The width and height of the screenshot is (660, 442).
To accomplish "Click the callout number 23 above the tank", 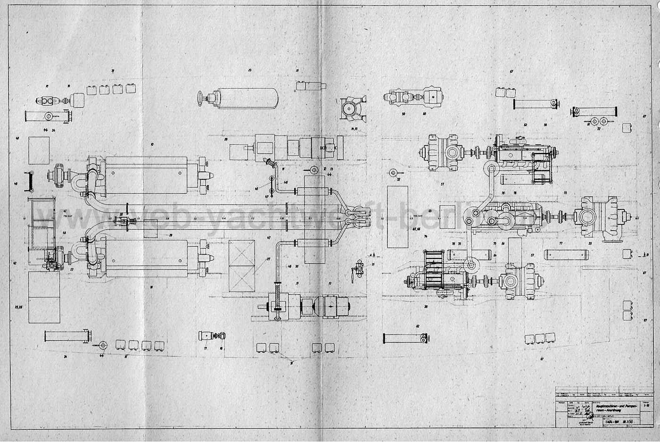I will (x=249, y=70).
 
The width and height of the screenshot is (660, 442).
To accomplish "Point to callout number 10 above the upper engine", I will (x=152, y=143).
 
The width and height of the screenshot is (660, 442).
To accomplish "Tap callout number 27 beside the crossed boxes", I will (x=268, y=259).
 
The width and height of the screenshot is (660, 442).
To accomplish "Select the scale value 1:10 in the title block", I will (x=646, y=405).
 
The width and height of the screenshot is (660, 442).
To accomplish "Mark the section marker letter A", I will (x=374, y=254).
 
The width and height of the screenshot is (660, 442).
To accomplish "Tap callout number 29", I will (x=171, y=234).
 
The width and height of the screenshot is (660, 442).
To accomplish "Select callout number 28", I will (x=226, y=140).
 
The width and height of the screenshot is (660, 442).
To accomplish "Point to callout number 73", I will (x=565, y=194).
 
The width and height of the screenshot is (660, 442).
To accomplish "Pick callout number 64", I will (x=495, y=255).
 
